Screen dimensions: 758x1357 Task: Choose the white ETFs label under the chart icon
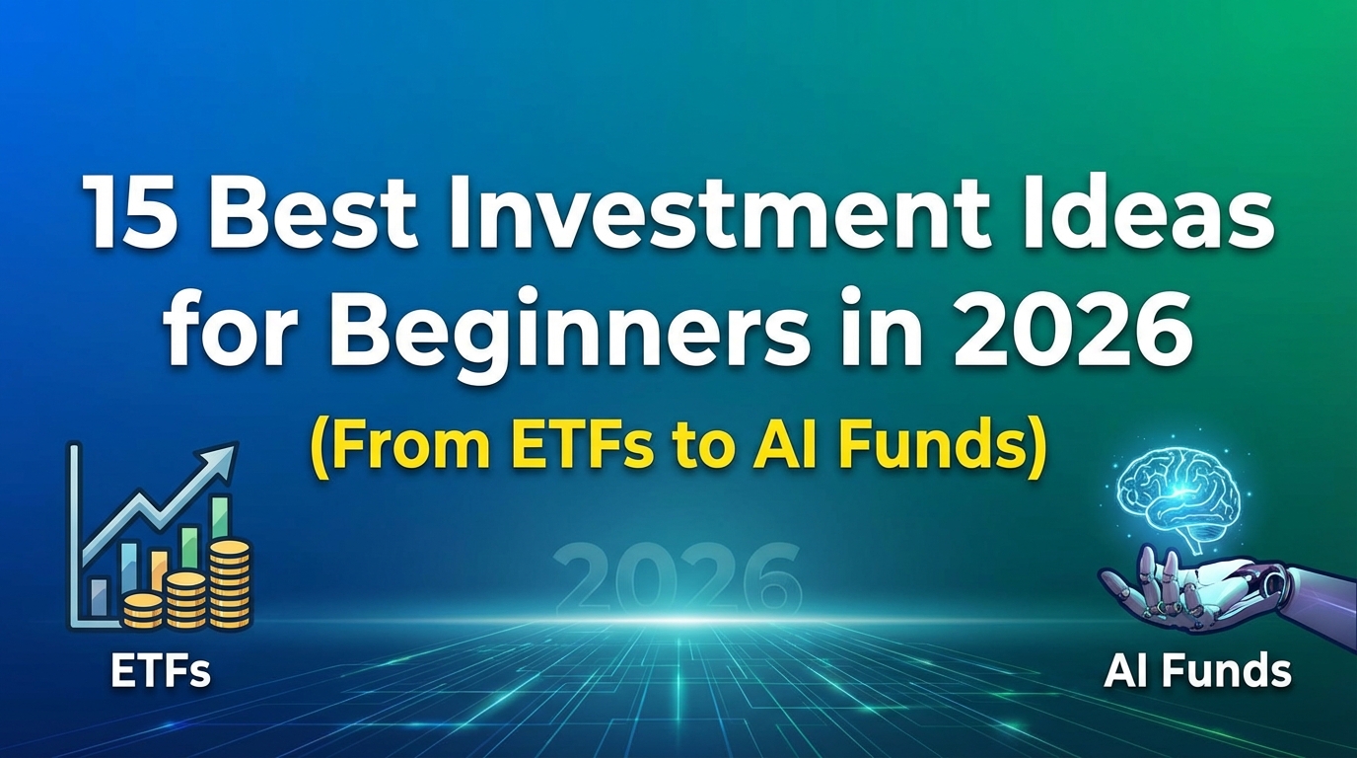160,673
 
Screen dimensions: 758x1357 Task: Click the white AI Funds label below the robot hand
1197,672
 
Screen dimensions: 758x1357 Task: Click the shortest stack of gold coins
143,609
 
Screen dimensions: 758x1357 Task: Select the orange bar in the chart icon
159,569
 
